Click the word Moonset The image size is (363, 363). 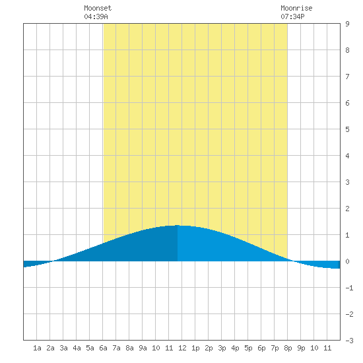[x=98, y=8]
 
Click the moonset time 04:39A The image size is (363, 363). [x=96, y=16]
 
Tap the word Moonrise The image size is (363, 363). [x=296, y=8]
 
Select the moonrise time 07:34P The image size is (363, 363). [x=292, y=16]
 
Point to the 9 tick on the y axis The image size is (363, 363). [x=347, y=24]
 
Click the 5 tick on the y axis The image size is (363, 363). [x=347, y=129]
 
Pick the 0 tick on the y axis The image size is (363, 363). [x=347, y=261]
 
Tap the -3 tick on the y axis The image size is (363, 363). [x=349, y=341]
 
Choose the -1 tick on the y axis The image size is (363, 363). [x=349, y=288]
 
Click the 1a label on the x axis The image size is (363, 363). [x=37, y=348]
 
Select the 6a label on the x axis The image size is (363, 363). [x=103, y=348]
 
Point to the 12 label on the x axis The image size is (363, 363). [x=182, y=348]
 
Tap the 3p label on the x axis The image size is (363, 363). [x=222, y=348]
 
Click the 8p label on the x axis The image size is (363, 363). [x=288, y=348]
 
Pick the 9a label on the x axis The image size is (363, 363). [x=143, y=348]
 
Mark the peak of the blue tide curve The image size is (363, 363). [x=178, y=225]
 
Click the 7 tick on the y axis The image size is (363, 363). [x=347, y=77]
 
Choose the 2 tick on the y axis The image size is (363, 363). [x=347, y=209]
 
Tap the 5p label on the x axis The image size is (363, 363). [x=248, y=348]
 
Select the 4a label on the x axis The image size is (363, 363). [x=77, y=348]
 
